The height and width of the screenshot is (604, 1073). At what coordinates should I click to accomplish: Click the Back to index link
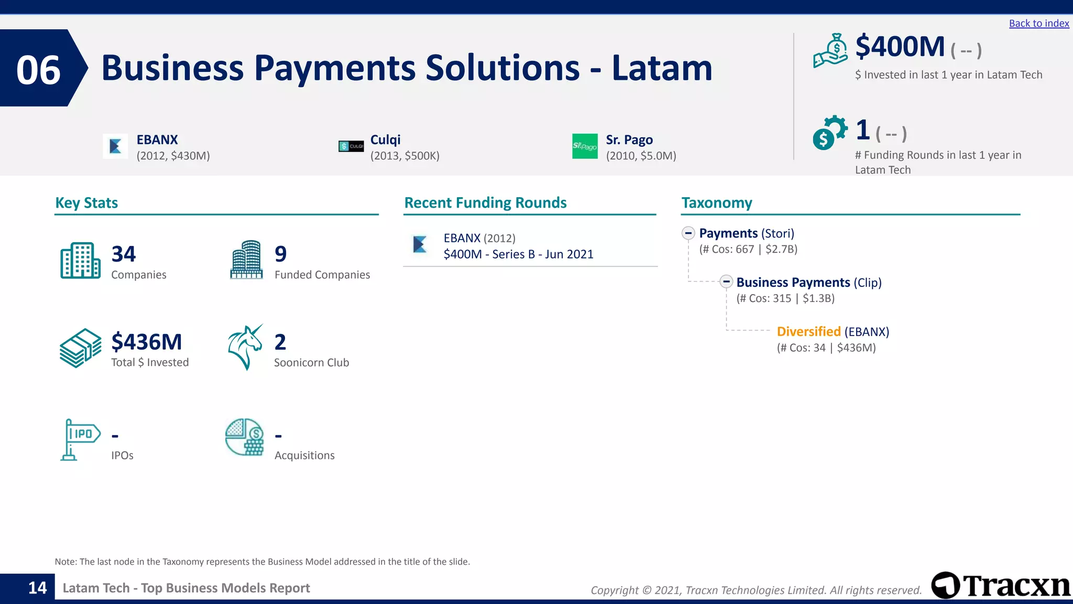(1038, 23)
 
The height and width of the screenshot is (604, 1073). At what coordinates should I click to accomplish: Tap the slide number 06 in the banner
(38, 70)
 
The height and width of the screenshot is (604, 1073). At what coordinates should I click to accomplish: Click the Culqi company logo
(351, 146)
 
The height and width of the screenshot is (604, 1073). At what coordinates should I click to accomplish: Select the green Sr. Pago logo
(585, 146)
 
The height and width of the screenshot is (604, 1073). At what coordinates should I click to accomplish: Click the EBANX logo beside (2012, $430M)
(116, 146)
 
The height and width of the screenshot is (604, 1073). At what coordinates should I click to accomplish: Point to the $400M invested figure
(900, 47)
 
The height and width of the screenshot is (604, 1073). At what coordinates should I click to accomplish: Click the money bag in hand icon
(830, 51)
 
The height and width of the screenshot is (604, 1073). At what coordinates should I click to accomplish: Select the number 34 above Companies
(124, 254)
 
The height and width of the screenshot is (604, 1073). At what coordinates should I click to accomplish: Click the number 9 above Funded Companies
(281, 254)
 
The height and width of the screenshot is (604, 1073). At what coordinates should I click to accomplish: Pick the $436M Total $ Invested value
(147, 342)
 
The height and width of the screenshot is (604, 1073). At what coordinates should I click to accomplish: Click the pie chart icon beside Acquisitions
(245, 437)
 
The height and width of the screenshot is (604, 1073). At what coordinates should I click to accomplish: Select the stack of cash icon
(80, 348)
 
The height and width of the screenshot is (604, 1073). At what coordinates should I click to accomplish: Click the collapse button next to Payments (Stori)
(688, 233)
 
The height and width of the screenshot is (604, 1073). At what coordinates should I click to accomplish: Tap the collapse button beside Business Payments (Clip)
(726, 282)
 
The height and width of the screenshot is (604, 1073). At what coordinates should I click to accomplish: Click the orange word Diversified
(808, 331)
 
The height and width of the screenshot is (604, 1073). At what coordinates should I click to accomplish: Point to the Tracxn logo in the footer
(1001, 585)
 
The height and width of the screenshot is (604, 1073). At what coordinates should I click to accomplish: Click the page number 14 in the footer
(37, 588)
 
